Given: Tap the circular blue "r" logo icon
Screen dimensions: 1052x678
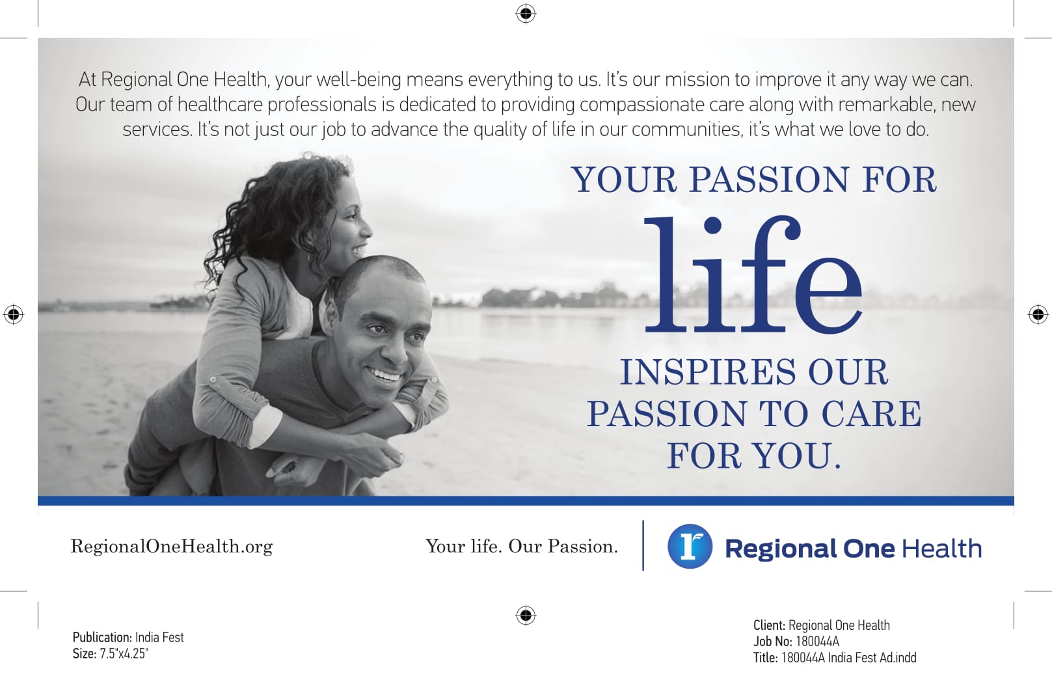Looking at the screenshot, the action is (x=690, y=547).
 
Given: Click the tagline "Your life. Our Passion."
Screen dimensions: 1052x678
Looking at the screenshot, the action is (x=522, y=547).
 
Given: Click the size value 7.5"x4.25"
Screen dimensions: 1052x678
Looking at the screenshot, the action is (x=124, y=654).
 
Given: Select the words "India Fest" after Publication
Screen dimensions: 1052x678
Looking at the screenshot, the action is (x=159, y=638).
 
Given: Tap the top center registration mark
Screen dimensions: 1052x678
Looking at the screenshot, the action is (x=526, y=13).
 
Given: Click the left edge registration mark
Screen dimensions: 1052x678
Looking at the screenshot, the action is (x=14, y=314).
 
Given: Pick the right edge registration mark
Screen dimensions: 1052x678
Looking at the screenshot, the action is (x=1038, y=314).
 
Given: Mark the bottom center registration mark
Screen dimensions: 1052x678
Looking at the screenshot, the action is (x=526, y=615).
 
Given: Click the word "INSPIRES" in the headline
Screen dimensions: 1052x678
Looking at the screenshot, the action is (x=708, y=372).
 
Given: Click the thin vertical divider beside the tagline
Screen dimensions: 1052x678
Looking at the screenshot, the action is (x=643, y=545).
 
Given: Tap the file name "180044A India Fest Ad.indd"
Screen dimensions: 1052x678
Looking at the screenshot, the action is (x=848, y=658).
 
